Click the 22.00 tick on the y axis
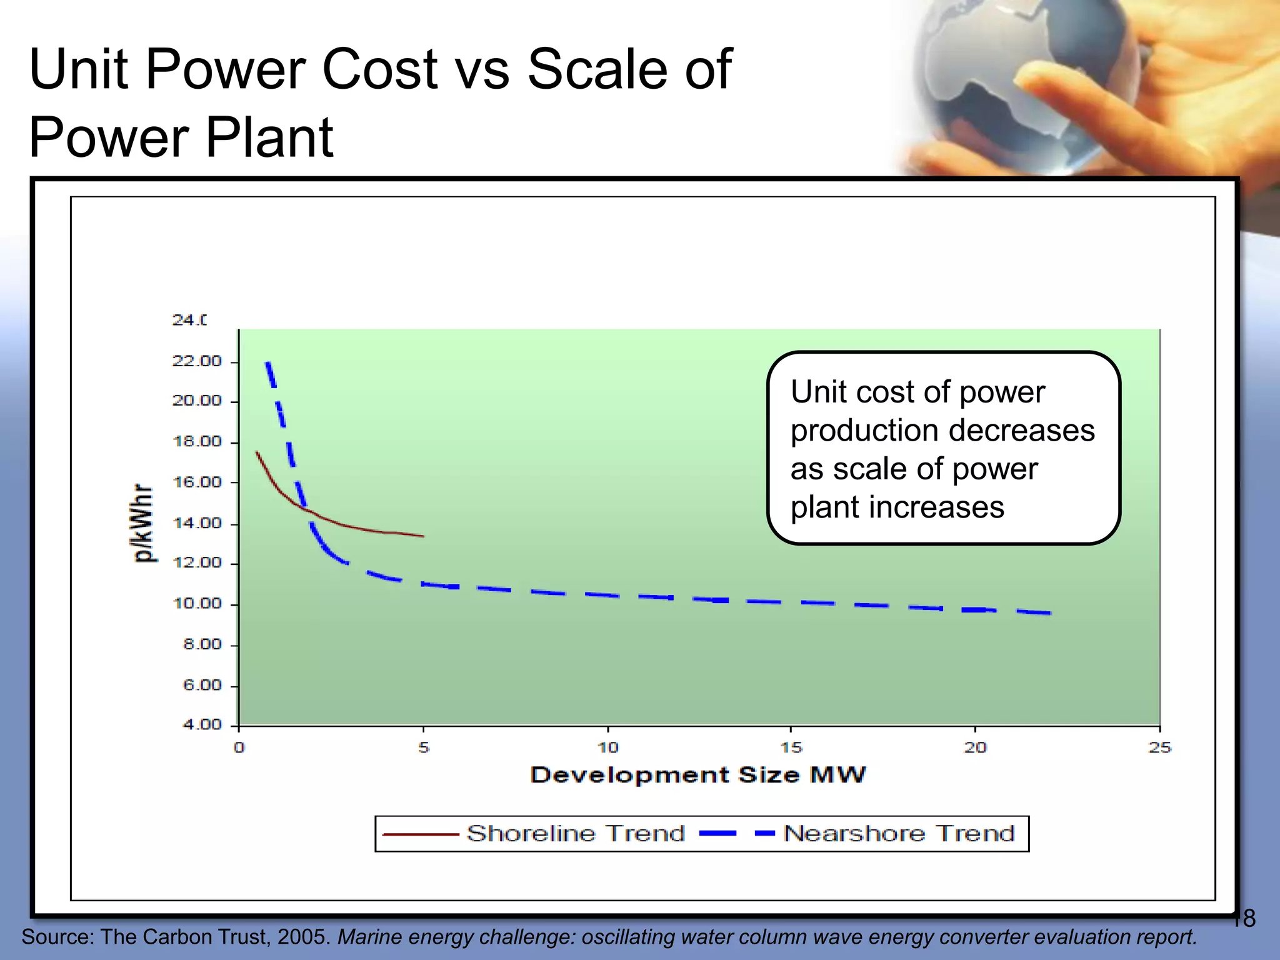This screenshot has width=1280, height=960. (x=197, y=361)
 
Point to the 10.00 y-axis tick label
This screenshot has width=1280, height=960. (x=197, y=604)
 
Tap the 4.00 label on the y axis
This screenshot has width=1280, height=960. (x=202, y=725)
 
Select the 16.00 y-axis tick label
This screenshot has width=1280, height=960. (x=197, y=482)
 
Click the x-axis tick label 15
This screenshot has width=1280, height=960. (x=791, y=747)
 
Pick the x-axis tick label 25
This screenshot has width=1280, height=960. (x=1159, y=747)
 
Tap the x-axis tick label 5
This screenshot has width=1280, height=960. (x=424, y=747)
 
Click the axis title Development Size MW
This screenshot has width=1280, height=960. (x=698, y=775)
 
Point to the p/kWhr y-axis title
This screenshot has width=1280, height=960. (x=144, y=523)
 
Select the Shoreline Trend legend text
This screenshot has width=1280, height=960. (x=576, y=834)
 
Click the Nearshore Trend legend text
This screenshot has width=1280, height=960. (x=899, y=834)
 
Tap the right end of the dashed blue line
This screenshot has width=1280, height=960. (x=1050, y=613)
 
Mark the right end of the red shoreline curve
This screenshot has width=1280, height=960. (x=423, y=536)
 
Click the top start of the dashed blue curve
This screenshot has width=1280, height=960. (x=267, y=363)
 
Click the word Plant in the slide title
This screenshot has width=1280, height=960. (x=269, y=137)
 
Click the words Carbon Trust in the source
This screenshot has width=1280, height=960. (x=206, y=937)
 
